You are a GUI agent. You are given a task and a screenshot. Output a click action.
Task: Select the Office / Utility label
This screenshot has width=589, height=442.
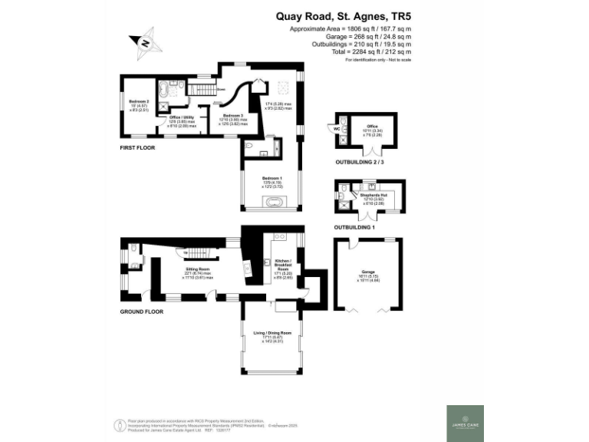click(x=183, y=120)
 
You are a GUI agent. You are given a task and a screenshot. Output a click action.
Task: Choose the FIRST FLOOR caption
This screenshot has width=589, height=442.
click(x=137, y=147)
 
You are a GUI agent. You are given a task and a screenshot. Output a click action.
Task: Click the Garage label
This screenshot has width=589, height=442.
click(x=367, y=275)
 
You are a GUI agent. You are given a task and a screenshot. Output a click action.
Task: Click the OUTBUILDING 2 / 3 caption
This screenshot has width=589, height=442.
click(x=364, y=163)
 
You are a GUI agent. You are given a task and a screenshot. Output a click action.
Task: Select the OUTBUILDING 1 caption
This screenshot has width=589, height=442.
click(x=355, y=228)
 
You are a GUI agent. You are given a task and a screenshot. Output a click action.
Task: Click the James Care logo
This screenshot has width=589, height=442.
click(x=466, y=423)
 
